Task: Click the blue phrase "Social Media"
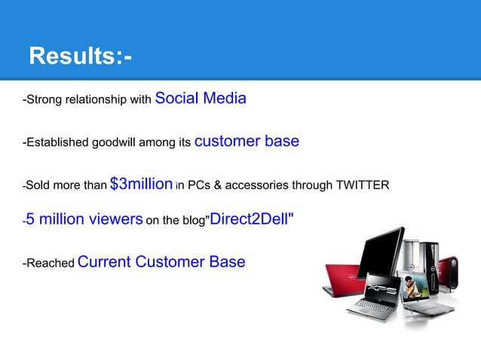[201, 98]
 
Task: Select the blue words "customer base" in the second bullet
[247, 141]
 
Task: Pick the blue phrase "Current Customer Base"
[161, 262]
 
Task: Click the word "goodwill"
[131, 142]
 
